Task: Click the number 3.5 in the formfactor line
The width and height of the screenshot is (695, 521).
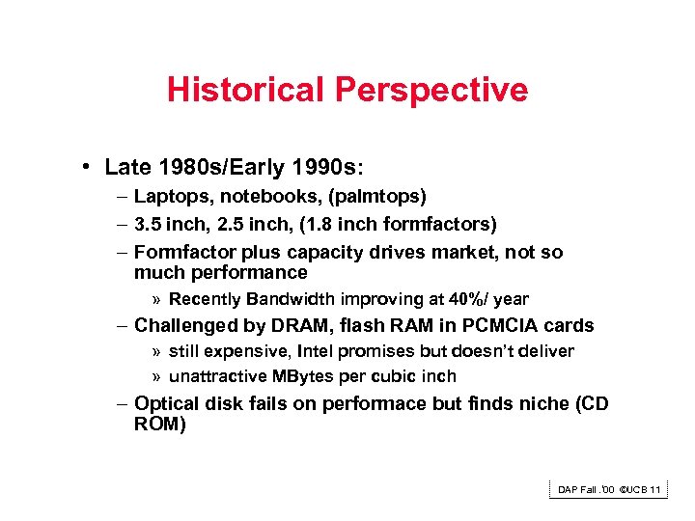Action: pos(148,225)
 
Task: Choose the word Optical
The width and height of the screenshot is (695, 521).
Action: pos(165,404)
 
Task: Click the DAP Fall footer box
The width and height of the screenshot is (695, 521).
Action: pos(608,490)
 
